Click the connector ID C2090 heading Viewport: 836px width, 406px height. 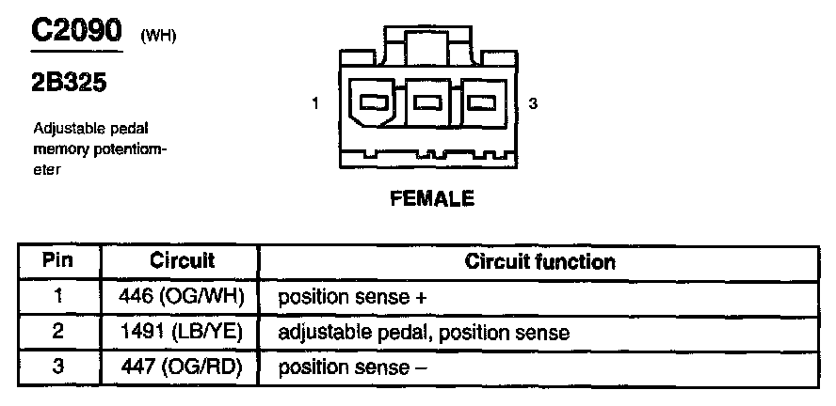[77, 30]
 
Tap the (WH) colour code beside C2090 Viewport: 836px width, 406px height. [157, 37]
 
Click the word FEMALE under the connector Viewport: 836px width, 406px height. [433, 199]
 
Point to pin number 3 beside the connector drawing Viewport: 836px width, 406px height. [533, 104]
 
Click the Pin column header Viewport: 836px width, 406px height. [58, 260]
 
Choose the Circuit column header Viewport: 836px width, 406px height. [182, 260]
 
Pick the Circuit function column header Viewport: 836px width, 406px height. [539, 261]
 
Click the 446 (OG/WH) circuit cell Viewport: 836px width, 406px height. [182, 296]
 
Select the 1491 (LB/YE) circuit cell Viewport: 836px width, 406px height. [182, 332]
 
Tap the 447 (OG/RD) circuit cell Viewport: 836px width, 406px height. [182, 367]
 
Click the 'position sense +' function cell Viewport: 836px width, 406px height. [352, 297]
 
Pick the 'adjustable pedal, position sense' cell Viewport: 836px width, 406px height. [424, 333]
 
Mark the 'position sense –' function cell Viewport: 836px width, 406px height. [352, 367]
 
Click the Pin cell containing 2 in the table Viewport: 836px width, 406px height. [58, 332]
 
